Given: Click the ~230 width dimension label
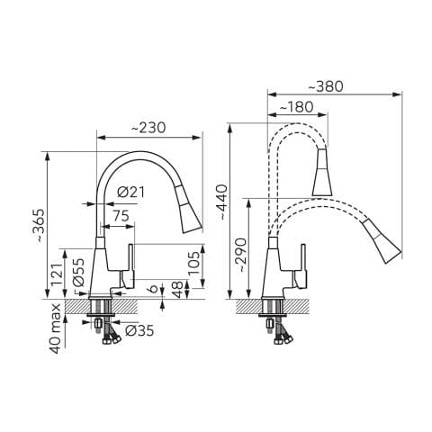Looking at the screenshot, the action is click(x=148, y=128).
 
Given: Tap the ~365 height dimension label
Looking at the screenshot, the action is click(x=39, y=226).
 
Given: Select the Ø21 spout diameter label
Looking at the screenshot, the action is click(x=130, y=192).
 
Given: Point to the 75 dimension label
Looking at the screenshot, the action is click(x=121, y=216).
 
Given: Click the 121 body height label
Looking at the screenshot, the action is click(x=57, y=275).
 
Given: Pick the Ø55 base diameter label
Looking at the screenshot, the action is click(x=79, y=272).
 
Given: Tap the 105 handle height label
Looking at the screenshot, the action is click(x=193, y=263).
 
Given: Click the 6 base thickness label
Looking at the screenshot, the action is click(x=153, y=289).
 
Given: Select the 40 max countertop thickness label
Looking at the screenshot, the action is click(x=56, y=328).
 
